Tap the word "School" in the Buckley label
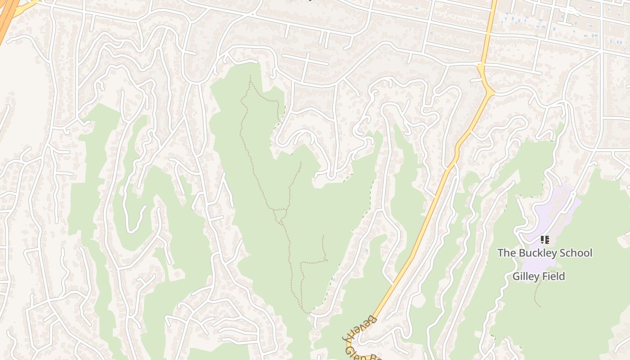click(576, 253)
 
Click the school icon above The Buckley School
click(544, 240)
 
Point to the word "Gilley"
click(526, 276)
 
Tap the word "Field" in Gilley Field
click(553, 276)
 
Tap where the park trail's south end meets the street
click(309, 312)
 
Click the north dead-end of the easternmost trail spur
click(323, 235)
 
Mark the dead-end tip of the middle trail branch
click(301, 162)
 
